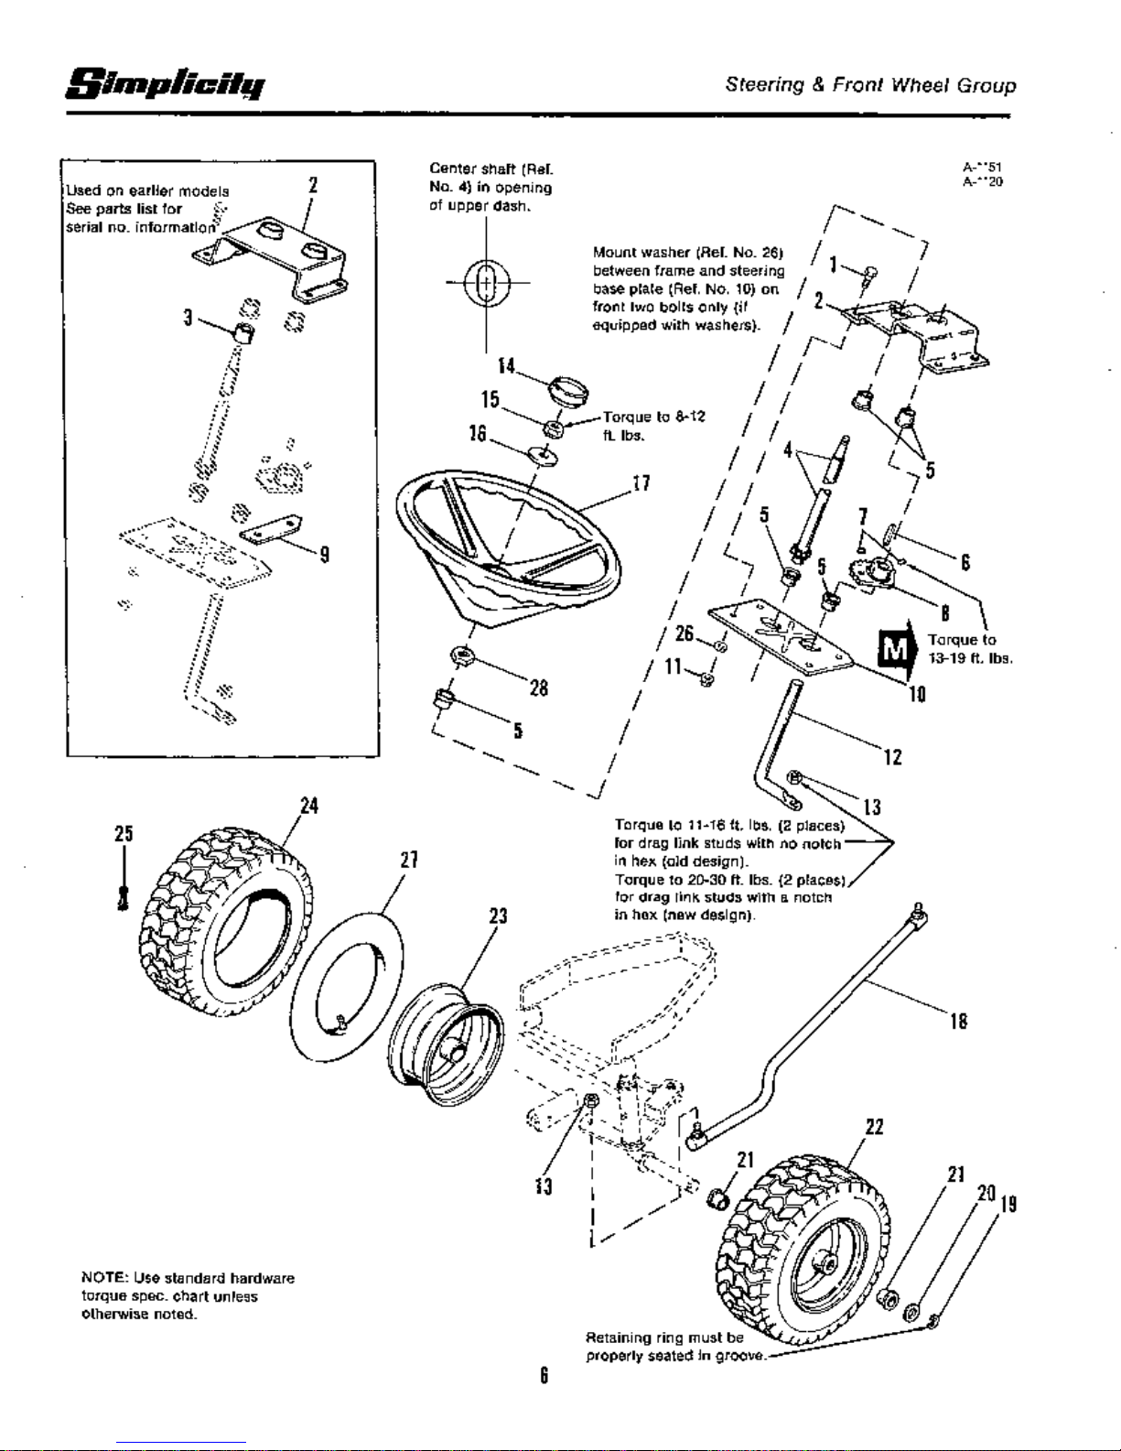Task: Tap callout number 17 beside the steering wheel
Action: coord(641,484)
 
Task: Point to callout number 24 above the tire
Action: coord(308,806)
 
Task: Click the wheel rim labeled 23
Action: coord(446,1028)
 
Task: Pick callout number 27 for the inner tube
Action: coord(408,860)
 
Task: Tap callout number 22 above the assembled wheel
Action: coord(873,1127)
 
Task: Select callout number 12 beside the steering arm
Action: coord(893,757)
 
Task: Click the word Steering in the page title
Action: coord(760,86)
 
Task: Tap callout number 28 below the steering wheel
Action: coord(538,688)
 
